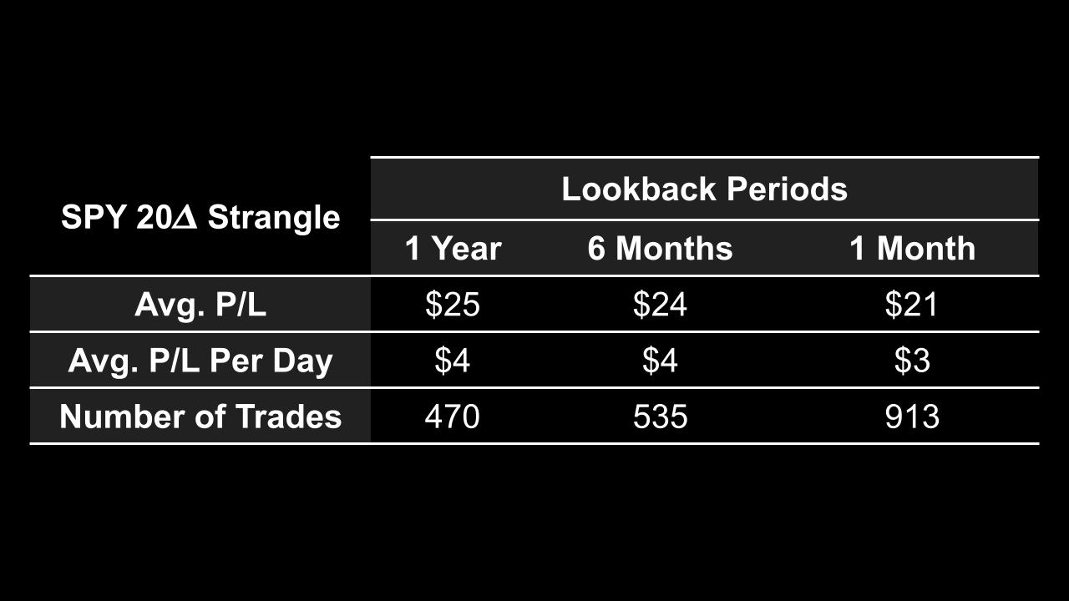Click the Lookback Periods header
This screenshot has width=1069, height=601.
click(704, 189)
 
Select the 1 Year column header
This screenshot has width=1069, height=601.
click(453, 249)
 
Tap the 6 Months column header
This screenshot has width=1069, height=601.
click(660, 249)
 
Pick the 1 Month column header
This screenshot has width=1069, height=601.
click(912, 249)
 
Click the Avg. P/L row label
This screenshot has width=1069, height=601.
click(200, 305)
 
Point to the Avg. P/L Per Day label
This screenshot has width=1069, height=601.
click(200, 361)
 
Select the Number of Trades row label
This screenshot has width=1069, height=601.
click(200, 416)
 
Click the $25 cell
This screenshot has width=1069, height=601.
click(452, 305)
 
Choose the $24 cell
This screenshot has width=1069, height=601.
click(660, 305)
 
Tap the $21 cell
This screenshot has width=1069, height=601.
click(912, 305)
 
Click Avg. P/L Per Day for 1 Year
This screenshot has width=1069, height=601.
click(452, 361)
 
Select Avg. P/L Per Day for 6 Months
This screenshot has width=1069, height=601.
click(660, 361)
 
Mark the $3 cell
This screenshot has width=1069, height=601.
click(912, 361)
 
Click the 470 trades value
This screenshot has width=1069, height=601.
click(452, 416)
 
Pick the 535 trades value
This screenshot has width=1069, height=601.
click(660, 416)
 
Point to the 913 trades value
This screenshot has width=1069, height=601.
click(912, 416)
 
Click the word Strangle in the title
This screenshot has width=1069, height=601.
click(274, 218)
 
